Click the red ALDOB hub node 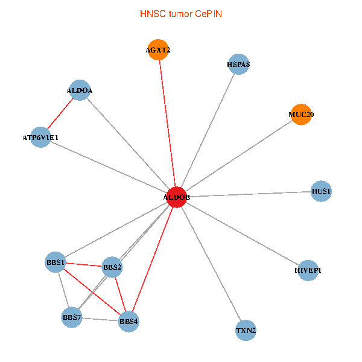pyautogui.click(x=176, y=197)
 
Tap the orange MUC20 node pyautogui.click(x=301, y=115)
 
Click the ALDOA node pyautogui.click(x=80, y=91)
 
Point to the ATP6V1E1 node pyautogui.click(x=40, y=138)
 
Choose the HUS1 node pyautogui.click(x=321, y=192)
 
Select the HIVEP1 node pyautogui.click(x=308, y=270)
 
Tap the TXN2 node pyautogui.click(x=246, y=331)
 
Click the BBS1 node pyautogui.click(x=56, y=262)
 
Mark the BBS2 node pyautogui.click(x=112, y=267)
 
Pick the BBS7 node pyautogui.click(x=72, y=317)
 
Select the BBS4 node pyautogui.click(x=129, y=322)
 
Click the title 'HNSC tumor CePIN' pyautogui.click(x=180, y=13)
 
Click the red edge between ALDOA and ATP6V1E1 pyautogui.click(x=60, y=114)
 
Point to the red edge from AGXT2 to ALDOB pyautogui.click(x=168, y=124)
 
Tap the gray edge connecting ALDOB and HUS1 pyautogui.click(x=249, y=194)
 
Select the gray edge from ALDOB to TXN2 pyautogui.click(x=211, y=264)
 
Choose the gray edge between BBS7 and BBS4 pyautogui.click(x=100, y=319)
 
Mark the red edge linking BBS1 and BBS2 pyautogui.click(x=84, y=264)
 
